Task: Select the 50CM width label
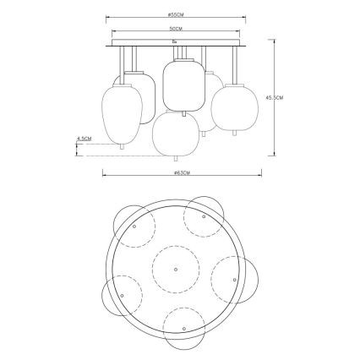pos(176,30)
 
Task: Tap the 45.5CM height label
pos(291,97)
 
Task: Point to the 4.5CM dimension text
pos(84,138)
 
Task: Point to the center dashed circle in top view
pos(174,270)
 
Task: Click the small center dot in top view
pos(174,270)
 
